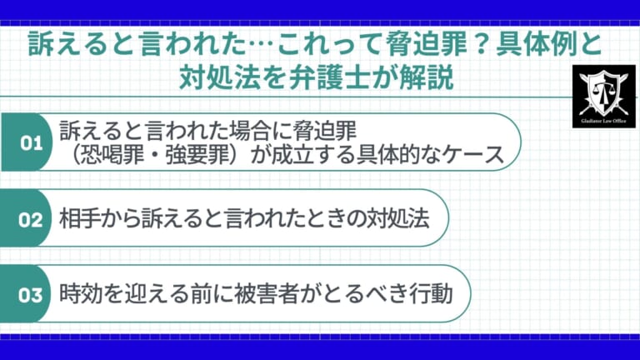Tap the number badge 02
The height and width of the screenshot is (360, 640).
pyautogui.click(x=30, y=221)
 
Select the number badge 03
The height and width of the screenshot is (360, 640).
pyautogui.click(x=30, y=295)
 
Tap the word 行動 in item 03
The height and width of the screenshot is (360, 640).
pyautogui.click(x=430, y=295)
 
